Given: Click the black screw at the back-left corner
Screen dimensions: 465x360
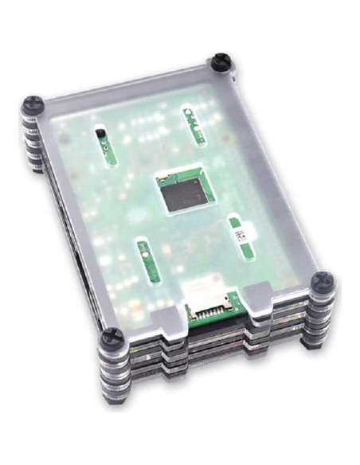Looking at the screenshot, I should pos(33,104).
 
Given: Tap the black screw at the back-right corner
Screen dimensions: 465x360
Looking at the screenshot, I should pos(221,62).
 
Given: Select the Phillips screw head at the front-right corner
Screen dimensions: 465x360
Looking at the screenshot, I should pos(323,279).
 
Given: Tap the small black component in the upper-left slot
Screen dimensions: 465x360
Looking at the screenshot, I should pos(101,135).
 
